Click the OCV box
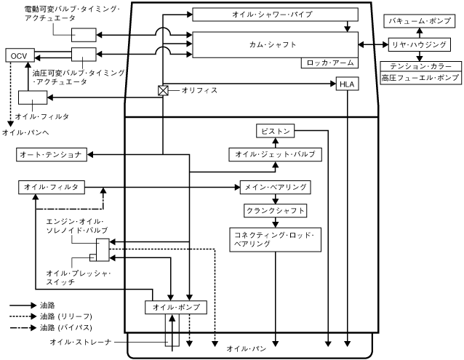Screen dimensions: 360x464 [17, 55]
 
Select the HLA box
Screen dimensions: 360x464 [347, 85]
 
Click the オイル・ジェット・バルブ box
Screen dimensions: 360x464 [273, 155]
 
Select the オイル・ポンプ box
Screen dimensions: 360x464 [172, 307]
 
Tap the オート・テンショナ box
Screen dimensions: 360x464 [52, 155]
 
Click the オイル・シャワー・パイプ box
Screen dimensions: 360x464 [276, 15]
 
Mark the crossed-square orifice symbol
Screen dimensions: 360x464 [164, 91]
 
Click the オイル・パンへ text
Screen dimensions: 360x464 [26, 132]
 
